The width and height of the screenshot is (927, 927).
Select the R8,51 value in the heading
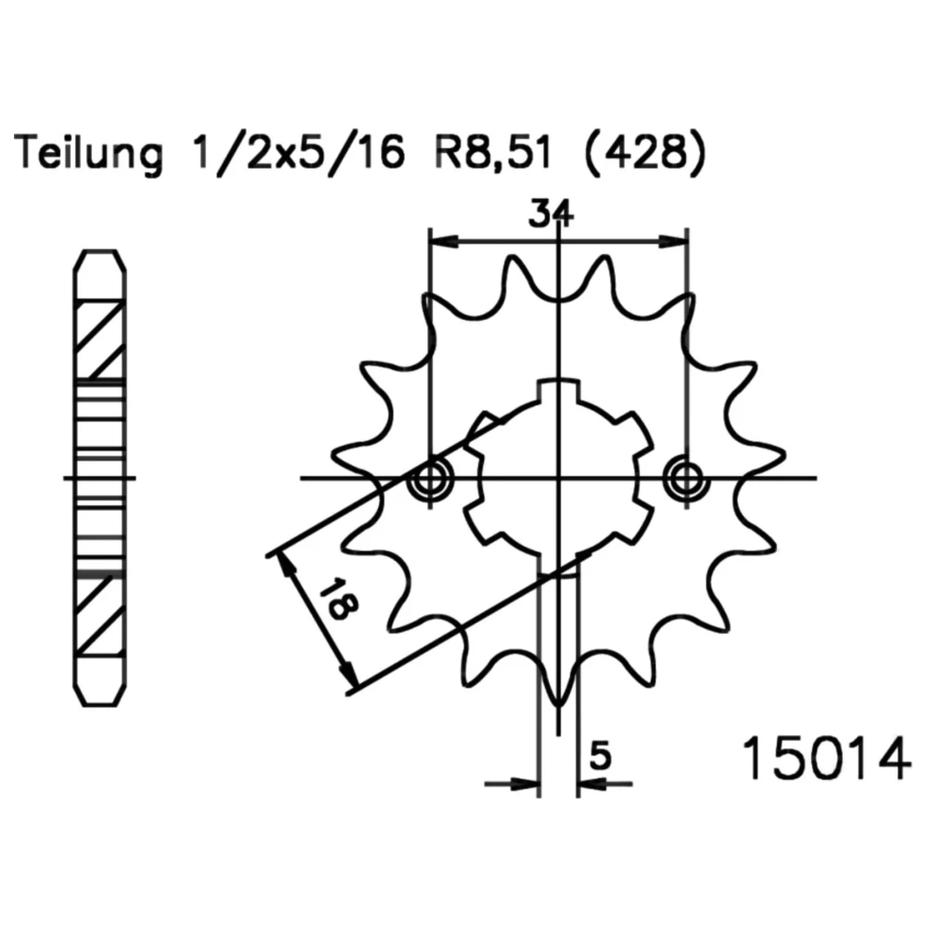click(x=493, y=154)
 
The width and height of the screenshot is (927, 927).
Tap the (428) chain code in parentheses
click(x=645, y=154)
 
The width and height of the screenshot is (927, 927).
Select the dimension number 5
click(x=600, y=756)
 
